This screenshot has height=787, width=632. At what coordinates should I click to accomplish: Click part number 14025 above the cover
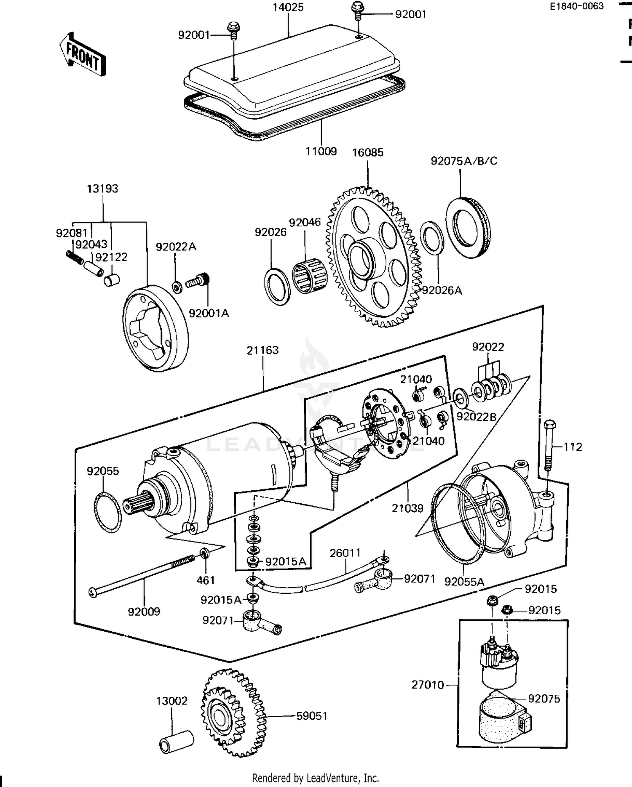288,7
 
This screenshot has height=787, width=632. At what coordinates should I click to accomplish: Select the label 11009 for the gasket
321,151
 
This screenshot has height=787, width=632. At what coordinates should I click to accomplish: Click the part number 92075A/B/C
463,161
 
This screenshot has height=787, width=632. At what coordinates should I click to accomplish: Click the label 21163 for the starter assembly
262,350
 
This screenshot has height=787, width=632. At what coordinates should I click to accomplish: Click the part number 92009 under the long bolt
144,611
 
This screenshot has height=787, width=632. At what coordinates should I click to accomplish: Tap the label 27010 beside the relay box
428,685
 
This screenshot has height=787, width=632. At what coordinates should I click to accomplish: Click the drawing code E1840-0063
576,6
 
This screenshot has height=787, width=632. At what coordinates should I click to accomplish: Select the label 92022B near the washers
477,417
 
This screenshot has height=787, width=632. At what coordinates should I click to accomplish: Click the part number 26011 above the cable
345,553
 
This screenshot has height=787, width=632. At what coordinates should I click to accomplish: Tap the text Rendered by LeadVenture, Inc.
315,778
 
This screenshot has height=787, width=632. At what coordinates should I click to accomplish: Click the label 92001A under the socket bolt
209,313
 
